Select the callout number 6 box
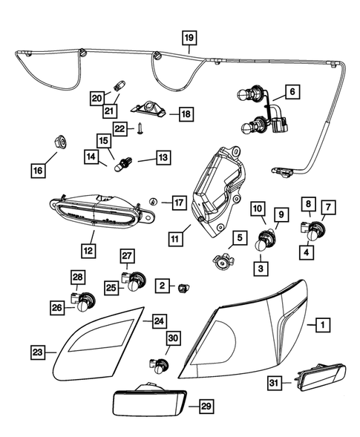tap(291, 92)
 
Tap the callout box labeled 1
tap(321, 324)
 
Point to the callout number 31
tap(275, 383)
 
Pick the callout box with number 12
tap(88, 252)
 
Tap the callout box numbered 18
tap(185, 114)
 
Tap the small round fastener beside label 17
tap(151, 201)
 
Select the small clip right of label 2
tap(185, 285)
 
